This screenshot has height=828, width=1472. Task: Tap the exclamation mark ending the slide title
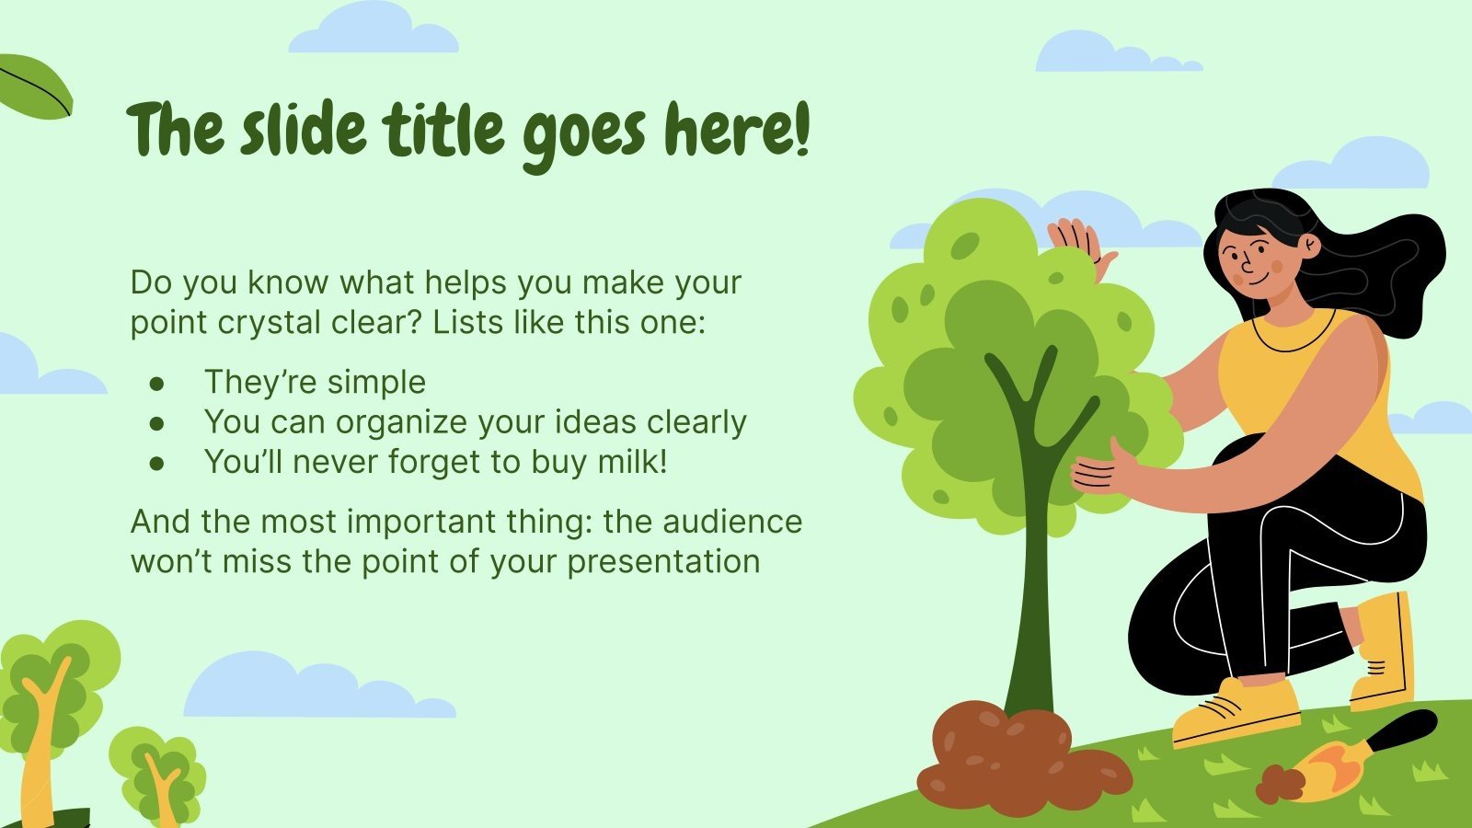(802, 130)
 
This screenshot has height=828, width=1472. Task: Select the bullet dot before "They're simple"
(156, 383)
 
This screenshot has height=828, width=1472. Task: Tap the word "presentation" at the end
(663, 562)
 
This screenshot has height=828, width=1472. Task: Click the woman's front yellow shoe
(1236, 713)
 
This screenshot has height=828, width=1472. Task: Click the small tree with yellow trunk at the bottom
(157, 776)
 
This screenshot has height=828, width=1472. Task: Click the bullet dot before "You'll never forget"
(156, 464)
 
